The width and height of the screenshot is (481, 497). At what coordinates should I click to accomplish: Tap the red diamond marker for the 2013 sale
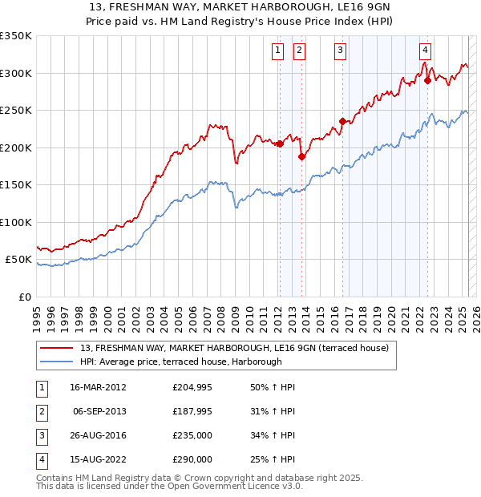click(301, 157)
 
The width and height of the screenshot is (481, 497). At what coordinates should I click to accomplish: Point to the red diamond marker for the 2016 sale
click(342, 122)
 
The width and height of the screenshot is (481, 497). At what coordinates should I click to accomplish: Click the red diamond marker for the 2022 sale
click(427, 80)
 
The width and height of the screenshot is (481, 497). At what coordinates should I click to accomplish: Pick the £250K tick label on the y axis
click(16, 111)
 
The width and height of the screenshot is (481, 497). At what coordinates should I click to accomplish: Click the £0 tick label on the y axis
click(24, 297)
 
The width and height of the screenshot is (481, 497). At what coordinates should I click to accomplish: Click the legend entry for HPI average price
click(180, 362)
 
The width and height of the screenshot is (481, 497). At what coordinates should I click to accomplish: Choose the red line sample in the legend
click(57, 348)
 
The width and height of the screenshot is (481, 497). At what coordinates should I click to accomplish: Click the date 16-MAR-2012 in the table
click(99, 387)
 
